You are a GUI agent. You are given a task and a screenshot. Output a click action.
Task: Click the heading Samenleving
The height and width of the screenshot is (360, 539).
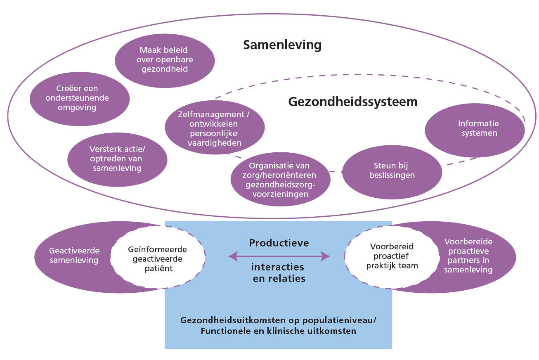[282, 45]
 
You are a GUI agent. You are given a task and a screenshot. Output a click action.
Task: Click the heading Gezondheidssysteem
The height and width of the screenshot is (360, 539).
[352, 102]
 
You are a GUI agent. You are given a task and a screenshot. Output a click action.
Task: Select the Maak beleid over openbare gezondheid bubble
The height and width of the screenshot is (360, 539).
[164, 59]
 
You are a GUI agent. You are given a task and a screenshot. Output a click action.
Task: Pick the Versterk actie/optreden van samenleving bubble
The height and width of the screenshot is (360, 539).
[117, 159]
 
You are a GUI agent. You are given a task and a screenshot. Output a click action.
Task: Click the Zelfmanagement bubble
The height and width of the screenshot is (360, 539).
[214, 128]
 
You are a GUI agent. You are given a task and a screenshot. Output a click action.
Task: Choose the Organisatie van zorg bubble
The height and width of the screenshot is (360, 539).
[281, 180]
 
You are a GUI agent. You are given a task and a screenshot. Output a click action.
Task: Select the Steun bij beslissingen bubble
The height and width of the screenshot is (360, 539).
[392, 171]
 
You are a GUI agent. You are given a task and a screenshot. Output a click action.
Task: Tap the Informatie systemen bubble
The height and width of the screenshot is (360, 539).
[475, 128]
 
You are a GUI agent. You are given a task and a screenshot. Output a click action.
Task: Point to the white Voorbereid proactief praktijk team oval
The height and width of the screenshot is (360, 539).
[392, 256]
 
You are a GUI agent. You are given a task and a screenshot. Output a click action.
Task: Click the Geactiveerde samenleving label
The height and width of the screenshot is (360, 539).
[74, 256]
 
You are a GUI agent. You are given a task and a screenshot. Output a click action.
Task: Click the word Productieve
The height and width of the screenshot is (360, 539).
[279, 243]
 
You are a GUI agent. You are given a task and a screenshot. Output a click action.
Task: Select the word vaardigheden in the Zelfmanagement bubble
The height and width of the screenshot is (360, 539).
[214, 143]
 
